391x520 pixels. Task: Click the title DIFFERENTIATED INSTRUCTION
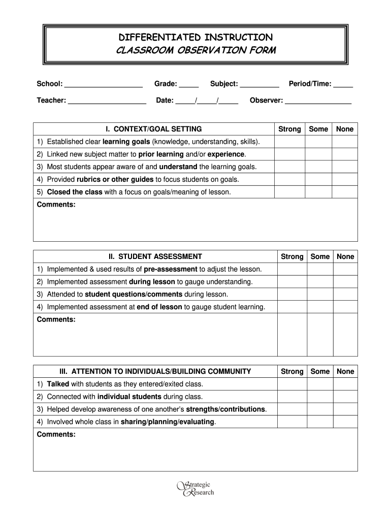point(195,37)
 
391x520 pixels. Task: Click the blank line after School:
point(104,84)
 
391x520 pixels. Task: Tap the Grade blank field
point(189,84)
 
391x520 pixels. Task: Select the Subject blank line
point(259,84)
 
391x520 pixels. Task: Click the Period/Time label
point(310,84)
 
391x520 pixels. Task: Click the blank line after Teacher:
point(107,101)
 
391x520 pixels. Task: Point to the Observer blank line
point(318,101)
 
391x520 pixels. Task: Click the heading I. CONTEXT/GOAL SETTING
point(153,129)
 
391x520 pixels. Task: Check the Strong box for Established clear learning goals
point(289,142)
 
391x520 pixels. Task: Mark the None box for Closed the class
point(345,192)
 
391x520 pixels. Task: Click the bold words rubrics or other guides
point(115,179)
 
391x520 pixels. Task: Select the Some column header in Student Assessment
point(320,256)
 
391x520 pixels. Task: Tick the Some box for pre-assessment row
point(320,269)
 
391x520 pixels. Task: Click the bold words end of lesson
point(159,307)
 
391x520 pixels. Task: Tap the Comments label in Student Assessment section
point(56,319)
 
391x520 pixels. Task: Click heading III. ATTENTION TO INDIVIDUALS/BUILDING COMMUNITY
point(155,371)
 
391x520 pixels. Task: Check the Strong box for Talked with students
point(292,384)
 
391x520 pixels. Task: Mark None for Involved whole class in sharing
point(345,421)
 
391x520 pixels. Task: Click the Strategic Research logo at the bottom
point(195,488)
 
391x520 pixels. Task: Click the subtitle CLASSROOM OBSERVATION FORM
point(195,50)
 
